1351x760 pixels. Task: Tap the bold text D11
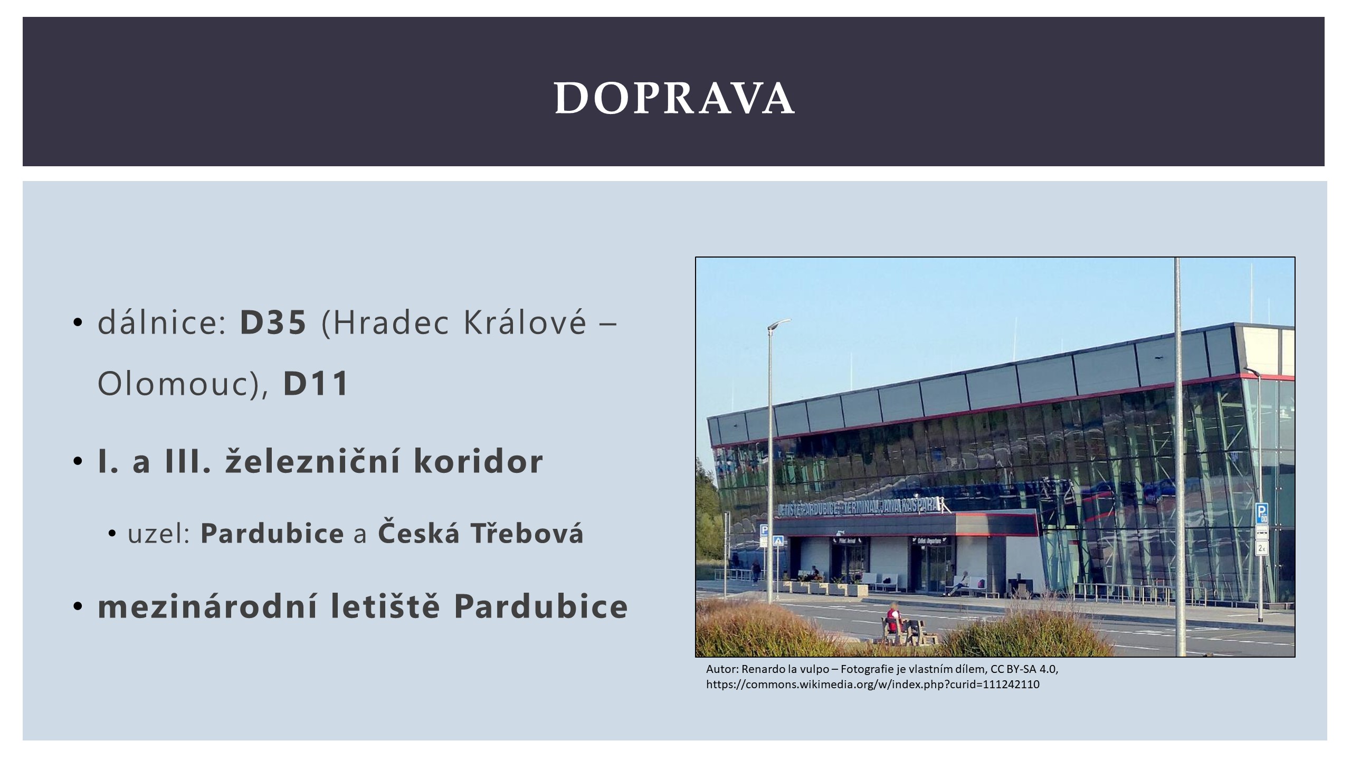pyautogui.click(x=316, y=383)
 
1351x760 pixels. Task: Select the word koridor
pyautogui.click(x=478, y=461)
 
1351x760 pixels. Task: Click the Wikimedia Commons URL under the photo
pyautogui.click(x=873, y=685)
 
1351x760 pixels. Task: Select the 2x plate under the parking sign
pyautogui.click(x=1261, y=548)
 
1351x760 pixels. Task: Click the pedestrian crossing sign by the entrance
pyautogui.click(x=778, y=541)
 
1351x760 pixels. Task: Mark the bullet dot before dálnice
pyautogui.click(x=78, y=322)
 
